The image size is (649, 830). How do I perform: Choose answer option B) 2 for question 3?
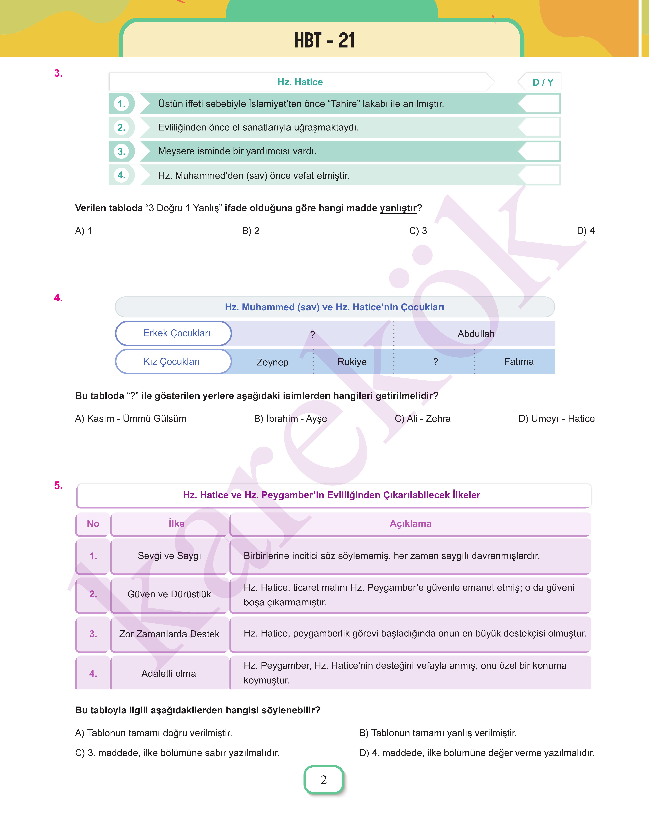pos(251,231)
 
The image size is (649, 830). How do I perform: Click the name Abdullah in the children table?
pos(476,334)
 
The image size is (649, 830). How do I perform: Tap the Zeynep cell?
pos(272,362)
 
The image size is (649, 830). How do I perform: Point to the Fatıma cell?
pos(519,362)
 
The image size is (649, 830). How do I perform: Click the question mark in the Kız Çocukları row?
pos(435,362)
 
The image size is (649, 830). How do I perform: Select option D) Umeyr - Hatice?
pos(556,419)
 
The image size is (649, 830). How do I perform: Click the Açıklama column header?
pos(410,524)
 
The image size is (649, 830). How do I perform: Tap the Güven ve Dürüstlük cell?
pos(169,594)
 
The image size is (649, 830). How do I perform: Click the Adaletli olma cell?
pos(169,673)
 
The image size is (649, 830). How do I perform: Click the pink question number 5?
pos(58,486)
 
